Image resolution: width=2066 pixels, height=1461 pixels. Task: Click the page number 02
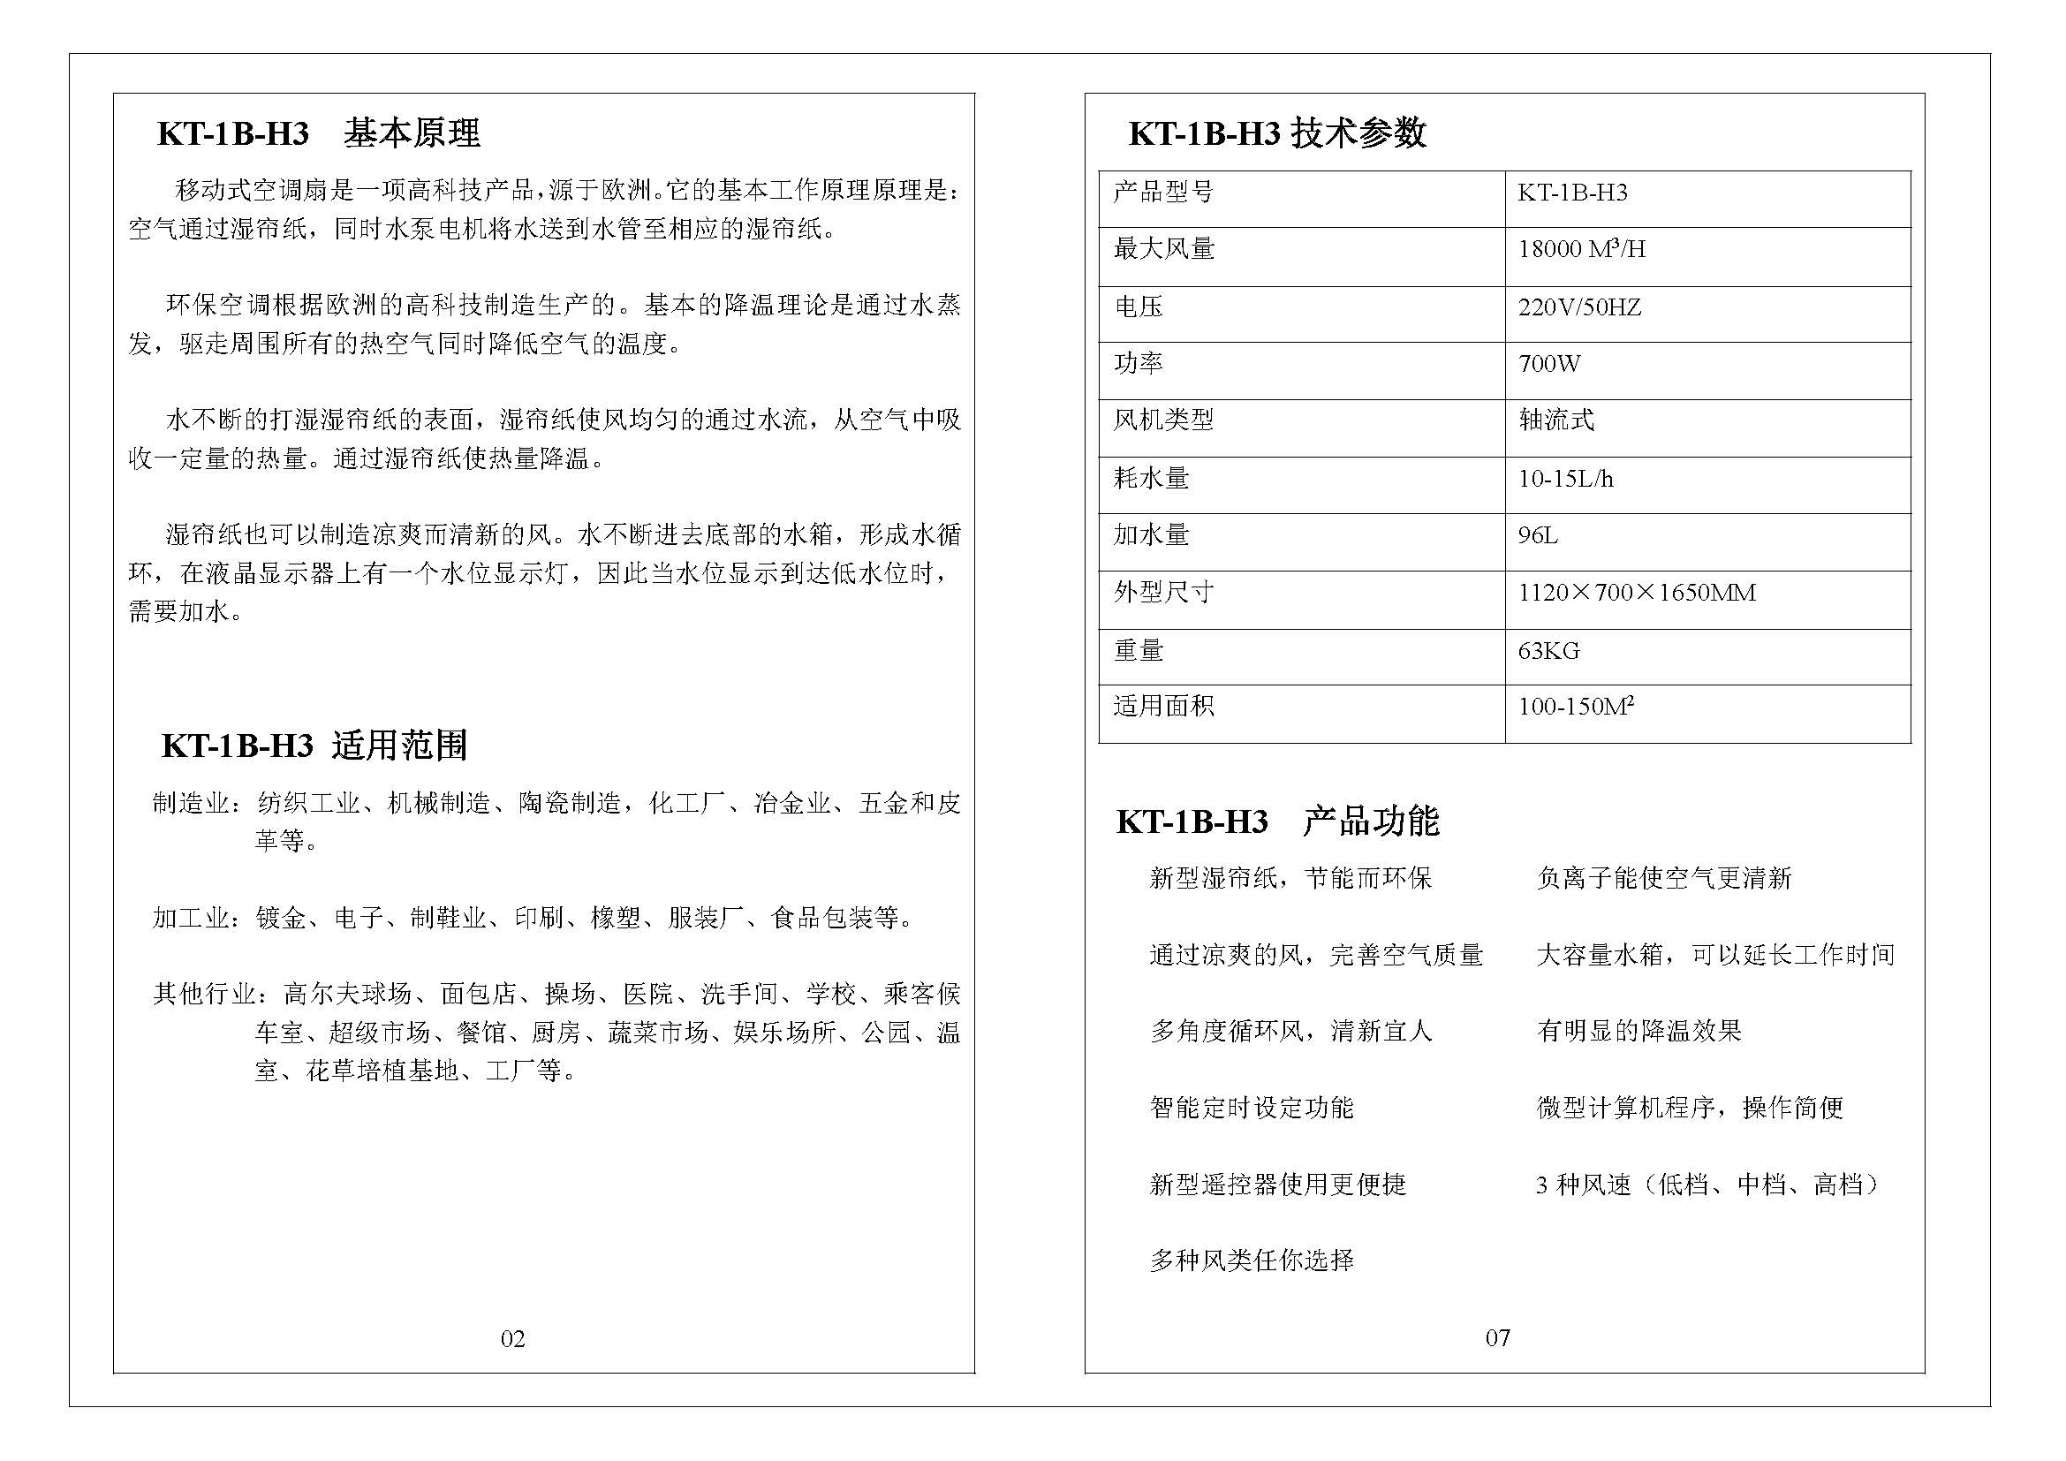[512, 1338]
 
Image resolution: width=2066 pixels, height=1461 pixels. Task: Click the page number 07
[1497, 1337]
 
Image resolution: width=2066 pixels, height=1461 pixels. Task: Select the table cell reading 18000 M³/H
[1581, 249]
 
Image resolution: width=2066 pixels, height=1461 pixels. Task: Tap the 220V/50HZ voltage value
[1579, 307]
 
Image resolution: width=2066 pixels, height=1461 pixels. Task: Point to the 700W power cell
[1548, 364]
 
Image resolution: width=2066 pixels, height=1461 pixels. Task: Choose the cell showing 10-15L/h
[1565, 479]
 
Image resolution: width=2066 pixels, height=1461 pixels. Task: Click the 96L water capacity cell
[1538, 536]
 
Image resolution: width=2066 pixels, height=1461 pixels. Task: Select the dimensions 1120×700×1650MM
[1636, 593]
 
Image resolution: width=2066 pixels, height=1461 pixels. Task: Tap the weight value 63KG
[1548, 650]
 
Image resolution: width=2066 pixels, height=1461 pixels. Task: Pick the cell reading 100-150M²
[1575, 707]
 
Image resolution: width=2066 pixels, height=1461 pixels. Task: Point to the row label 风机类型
[1162, 420]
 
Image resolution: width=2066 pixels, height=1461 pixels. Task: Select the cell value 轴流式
[1555, 420]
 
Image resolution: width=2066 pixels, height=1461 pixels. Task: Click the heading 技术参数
[1358, 134]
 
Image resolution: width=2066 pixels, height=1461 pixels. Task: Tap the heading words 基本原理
[412, 134]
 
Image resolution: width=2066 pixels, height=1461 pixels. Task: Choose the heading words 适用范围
[399, 746]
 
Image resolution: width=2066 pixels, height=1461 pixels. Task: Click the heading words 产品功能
[1371, 821]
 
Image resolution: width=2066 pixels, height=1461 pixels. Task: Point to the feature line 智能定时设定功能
[1251, 1108]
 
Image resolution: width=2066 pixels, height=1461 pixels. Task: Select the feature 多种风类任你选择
[1251, 1260]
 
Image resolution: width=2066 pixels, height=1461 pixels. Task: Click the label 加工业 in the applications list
[191, 918]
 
